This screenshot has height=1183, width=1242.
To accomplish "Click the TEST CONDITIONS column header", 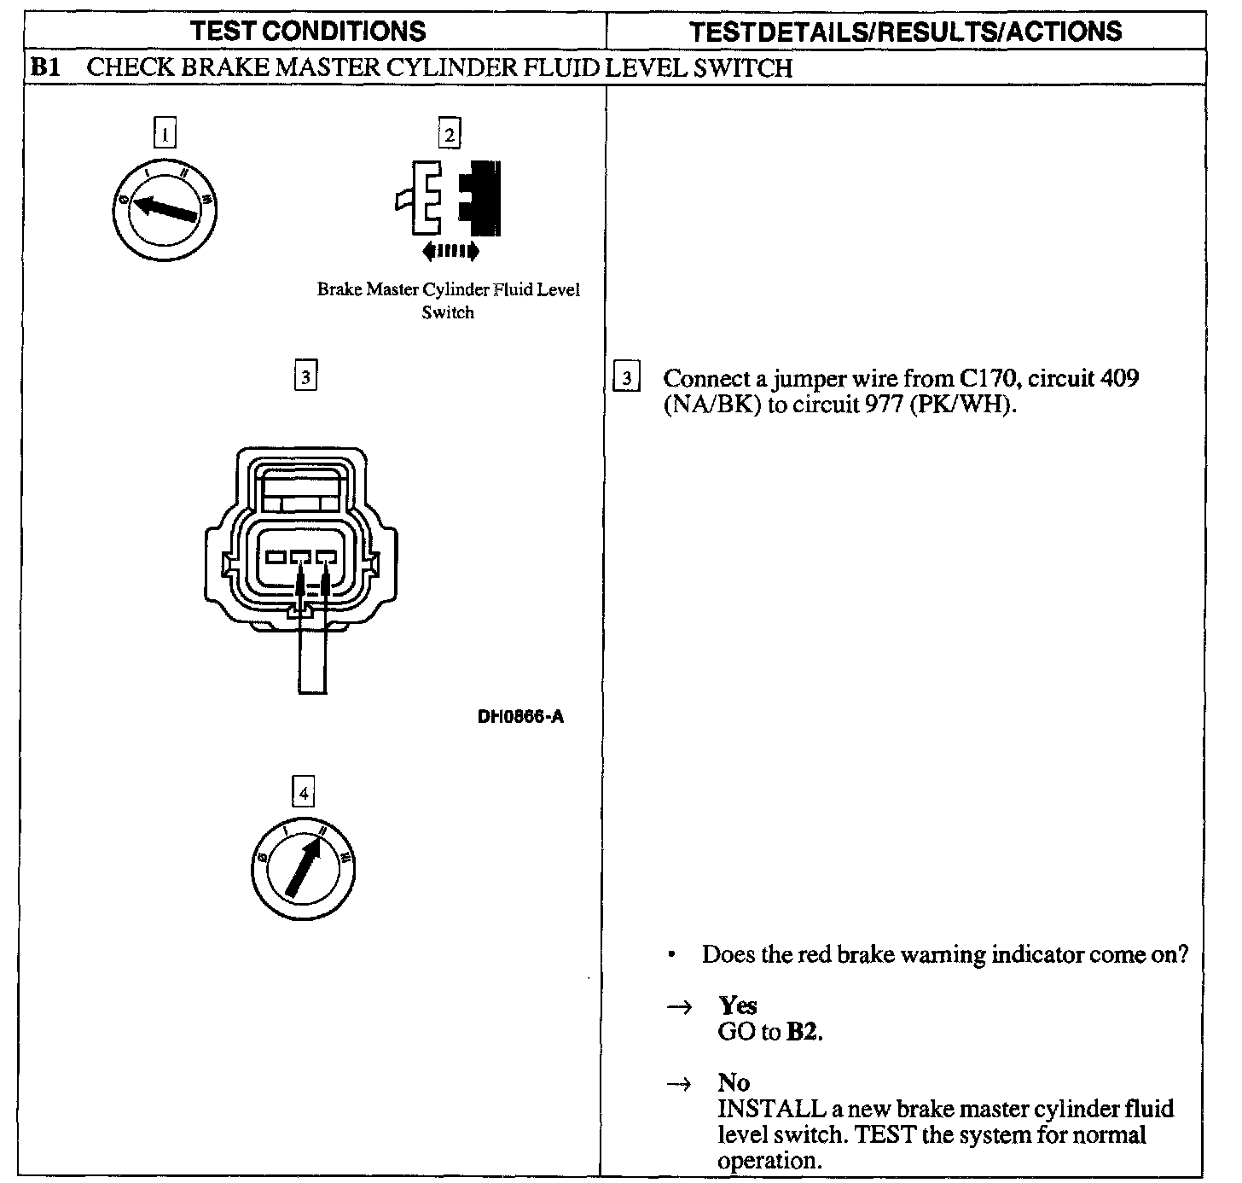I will [x=308, y=32].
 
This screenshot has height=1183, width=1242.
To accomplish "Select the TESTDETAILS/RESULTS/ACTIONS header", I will [x=905, y=32].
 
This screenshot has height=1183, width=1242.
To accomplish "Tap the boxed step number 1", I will [x=165, y=134].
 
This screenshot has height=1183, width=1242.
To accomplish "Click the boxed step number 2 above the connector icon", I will [x=449, y=134].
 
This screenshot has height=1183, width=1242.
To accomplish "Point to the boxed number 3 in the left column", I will [x=305, y=376].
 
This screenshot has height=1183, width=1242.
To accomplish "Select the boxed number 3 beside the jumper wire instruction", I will [x=627, y=377].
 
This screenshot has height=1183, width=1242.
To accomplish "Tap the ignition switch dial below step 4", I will [x=304, y=871].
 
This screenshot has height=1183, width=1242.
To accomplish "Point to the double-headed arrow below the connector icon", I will [x=450, y=251].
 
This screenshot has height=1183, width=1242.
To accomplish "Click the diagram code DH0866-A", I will [x=520, y=717].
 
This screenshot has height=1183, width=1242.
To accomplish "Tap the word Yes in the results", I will [x=738, y=1005].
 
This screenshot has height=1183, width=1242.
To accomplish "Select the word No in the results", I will [x=734, y=1083].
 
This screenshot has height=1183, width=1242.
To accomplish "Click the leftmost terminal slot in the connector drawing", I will [x=277, y=557].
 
